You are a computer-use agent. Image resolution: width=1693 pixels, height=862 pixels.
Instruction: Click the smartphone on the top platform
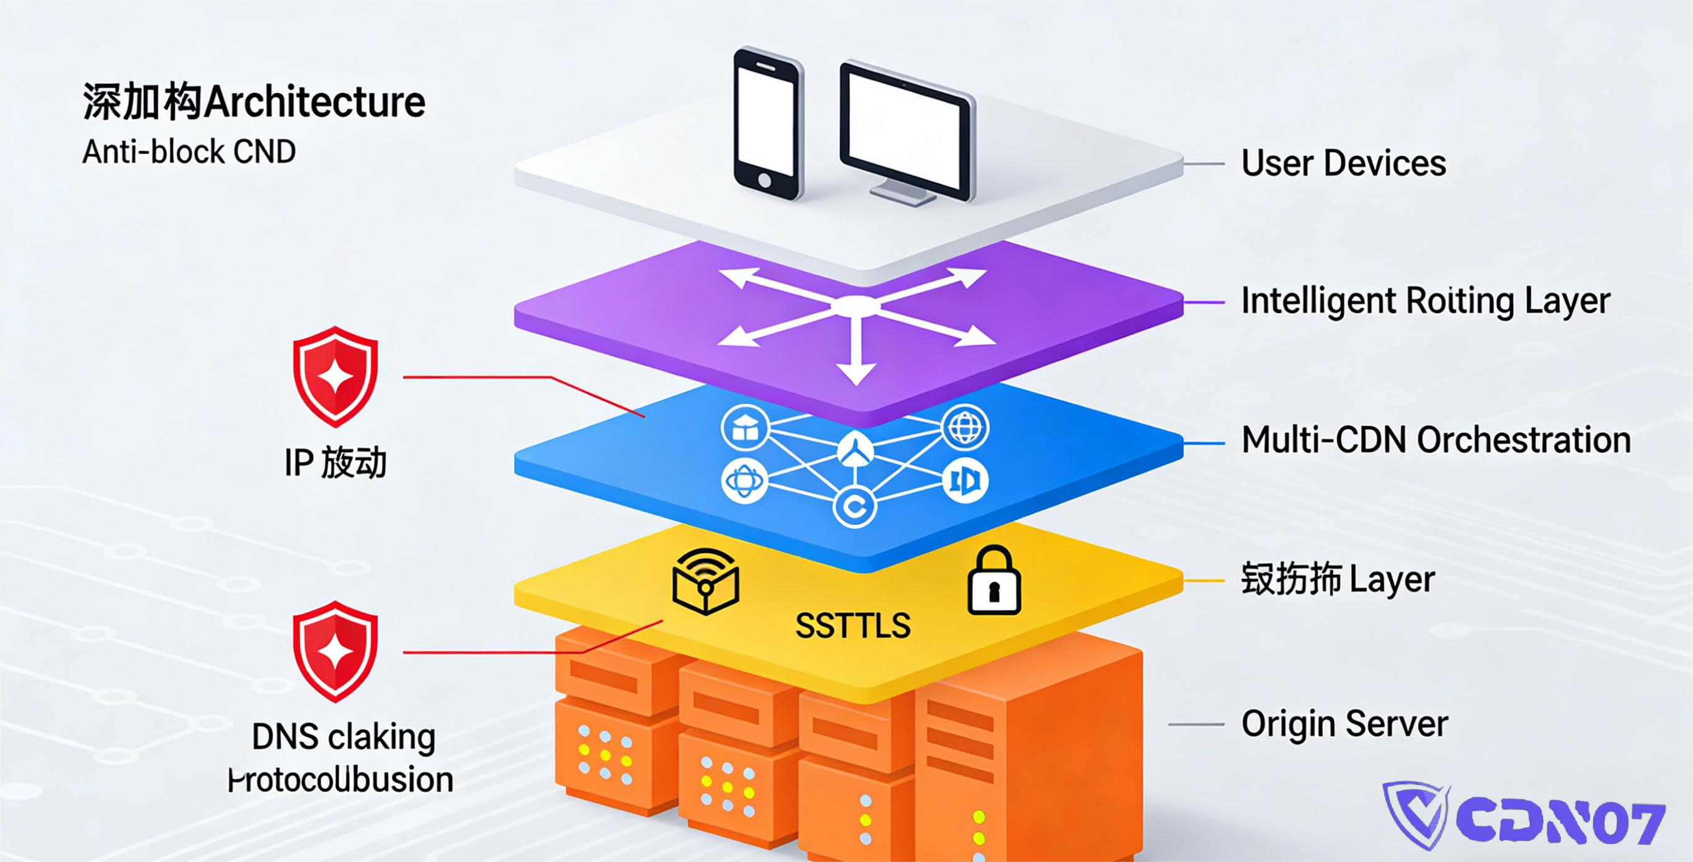(768, 123)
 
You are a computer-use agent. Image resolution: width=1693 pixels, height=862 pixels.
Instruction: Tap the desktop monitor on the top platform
(907, 131)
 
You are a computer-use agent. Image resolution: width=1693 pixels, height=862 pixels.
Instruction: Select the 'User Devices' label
(1343, 163)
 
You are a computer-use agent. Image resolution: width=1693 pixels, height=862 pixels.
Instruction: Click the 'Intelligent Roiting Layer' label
(1425, 301)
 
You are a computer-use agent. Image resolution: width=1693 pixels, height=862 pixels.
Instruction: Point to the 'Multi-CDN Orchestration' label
(1436, 440)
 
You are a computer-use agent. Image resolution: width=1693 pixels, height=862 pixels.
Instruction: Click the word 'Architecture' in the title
(314, 102)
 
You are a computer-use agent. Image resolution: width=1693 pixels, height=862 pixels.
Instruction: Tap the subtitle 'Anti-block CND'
(189, 153)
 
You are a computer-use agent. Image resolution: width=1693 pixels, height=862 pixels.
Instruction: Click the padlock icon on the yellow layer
(993, 581)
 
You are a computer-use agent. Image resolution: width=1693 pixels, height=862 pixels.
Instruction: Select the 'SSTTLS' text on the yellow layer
(853, 626)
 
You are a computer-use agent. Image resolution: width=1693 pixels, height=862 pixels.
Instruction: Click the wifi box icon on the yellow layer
(705, 581)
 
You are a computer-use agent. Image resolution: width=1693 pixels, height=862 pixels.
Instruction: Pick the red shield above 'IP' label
(335, 376)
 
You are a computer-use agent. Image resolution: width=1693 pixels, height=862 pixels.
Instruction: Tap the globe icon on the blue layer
(965, 429)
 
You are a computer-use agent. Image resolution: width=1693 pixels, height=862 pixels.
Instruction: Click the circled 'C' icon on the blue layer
(855, 507)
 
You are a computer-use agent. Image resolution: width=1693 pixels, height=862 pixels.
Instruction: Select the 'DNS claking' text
(343, 737)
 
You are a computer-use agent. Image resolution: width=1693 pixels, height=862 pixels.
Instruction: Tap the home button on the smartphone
(765, 180)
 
